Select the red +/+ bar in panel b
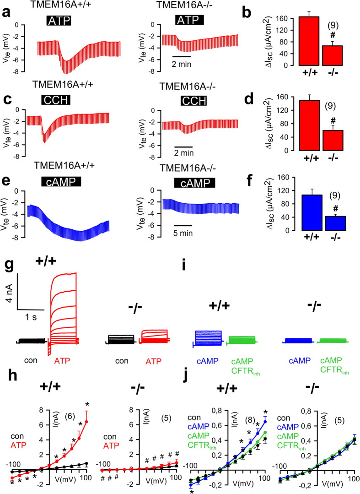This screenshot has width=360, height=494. [x=309, y=41]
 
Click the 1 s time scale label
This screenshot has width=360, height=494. [x=32, y=316]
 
